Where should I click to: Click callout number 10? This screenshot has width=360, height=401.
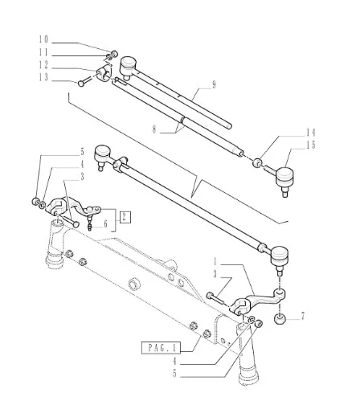click(43, 39)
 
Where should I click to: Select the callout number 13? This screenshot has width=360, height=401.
click(43, 78)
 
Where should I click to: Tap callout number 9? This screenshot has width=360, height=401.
click(214, 84)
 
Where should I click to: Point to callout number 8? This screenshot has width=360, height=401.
click(154, 129)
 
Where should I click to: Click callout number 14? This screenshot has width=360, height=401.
click(311, 133)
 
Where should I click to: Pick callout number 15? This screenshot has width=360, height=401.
click(311, 145)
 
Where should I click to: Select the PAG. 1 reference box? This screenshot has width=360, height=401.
click(161, 348)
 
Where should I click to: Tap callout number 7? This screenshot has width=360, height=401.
click(303, 317)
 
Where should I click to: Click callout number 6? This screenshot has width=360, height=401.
click(105, 223)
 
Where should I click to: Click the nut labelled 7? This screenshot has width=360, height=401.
click(280, 319)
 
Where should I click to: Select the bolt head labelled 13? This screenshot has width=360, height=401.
click(81, 84)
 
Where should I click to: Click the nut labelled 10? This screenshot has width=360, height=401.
click(114, 53)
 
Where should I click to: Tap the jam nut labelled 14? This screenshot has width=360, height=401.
click(257, 162)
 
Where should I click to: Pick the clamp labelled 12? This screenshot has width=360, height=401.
click(104, 72)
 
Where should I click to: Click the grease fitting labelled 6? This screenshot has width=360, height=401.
click(90, 227)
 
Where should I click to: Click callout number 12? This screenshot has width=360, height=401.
click(43, 65)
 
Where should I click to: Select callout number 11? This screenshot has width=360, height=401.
click(43, 52)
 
